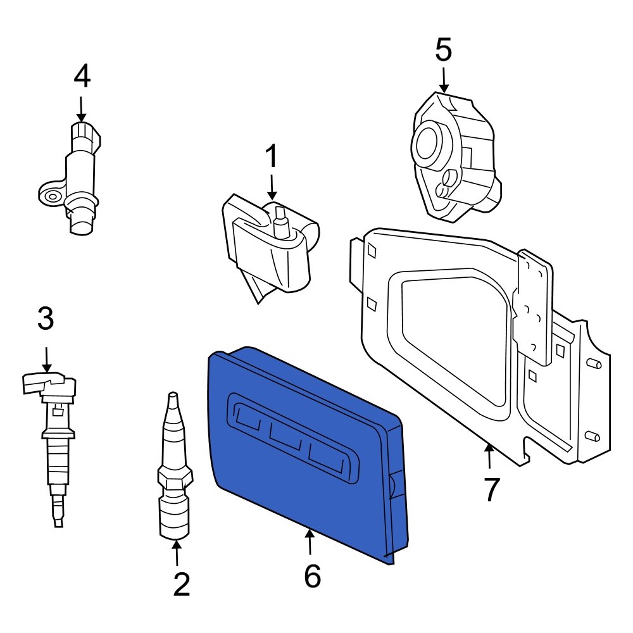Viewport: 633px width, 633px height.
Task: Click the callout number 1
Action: (x=271, y=157)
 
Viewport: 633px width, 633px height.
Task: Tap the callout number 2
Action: (x=181, y=585)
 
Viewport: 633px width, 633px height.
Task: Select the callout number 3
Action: (x=46, y=320)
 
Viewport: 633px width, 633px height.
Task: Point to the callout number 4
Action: (x=82, y=77)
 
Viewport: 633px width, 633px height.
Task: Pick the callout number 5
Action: (x=444, y=51)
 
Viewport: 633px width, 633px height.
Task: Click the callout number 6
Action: (x=312, y=576)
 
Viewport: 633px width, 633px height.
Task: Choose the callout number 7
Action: (x=491, y=489)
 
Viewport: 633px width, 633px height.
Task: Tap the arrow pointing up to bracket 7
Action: (x=489, y=457)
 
